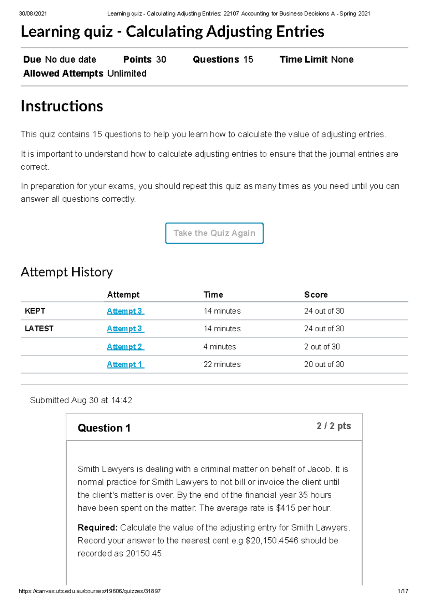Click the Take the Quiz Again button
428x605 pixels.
[x=214, y=233]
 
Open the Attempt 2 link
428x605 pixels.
[x=126, y=347]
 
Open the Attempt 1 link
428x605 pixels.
[x=126, y=364]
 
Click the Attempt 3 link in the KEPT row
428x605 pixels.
[x=126, y=311]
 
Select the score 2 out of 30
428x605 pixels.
[x=322, y=347]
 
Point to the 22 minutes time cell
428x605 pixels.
[x=222, y=364]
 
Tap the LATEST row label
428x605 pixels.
[x=39, y=329]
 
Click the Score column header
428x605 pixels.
[x=316, y=295]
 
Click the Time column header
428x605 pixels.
[x=213, y=295]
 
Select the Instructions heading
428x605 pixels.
[x=62, y=106]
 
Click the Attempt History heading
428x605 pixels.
[x=67, y=272]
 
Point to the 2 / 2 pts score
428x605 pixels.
[x=333, y=426]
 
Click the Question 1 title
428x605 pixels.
[x=104, y=428]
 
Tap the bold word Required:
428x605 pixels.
[x=97, y=528]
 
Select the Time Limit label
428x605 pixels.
[x=304, y=60]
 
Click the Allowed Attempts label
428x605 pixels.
[x=63, y=73]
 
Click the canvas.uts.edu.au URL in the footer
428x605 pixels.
[x=90, y=591]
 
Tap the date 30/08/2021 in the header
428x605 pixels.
[x=32, y=14]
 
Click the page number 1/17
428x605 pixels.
[x=403, y=591]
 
